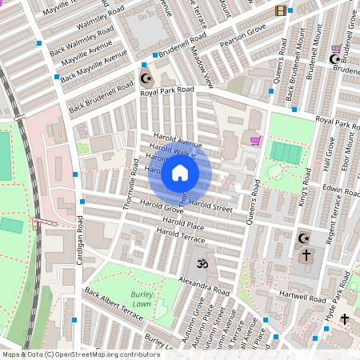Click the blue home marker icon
[180, 173]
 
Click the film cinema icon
[280, 10]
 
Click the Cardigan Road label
[78, 247]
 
